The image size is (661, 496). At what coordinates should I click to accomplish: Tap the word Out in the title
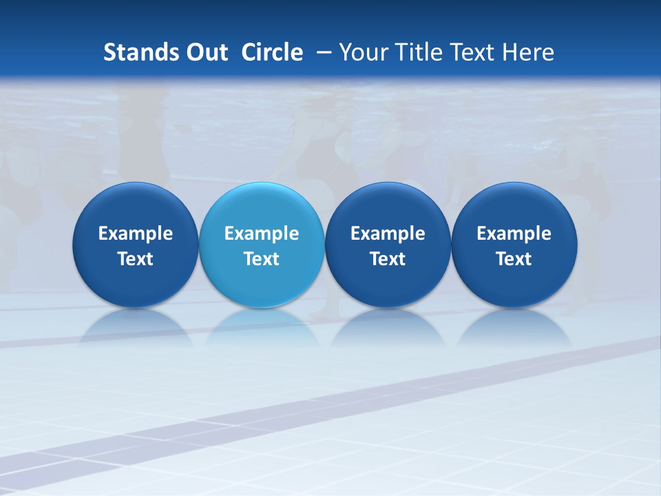click(205, 52)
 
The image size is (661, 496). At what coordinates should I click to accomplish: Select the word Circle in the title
click(272, 52)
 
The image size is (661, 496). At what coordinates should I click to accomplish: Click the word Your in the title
click(361, 52)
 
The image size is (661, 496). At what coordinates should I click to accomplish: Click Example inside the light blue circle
click(262, 234)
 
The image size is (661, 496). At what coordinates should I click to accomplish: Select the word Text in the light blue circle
click(262, 259)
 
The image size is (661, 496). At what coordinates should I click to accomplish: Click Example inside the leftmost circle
click(136, 234)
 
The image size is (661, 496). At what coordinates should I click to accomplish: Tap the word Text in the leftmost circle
click(136, 259)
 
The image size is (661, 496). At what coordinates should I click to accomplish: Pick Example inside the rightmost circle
click(514, 234)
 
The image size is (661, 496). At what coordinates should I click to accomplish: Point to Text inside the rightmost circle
click(514, 259)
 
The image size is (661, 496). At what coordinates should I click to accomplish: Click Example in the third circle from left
click(388, 234)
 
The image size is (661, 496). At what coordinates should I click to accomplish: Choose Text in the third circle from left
click(388, 259)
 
